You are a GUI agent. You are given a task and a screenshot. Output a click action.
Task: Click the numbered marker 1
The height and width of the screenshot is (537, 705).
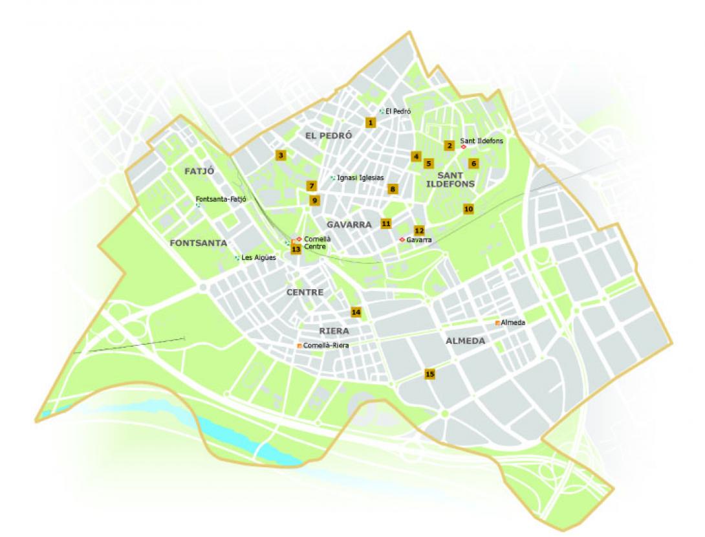370,122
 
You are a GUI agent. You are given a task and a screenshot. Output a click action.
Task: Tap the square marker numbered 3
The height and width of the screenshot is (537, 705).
280,155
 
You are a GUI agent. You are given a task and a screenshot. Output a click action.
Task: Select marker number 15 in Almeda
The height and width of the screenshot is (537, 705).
429,373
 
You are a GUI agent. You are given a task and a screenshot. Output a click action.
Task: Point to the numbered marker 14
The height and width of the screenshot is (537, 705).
356,312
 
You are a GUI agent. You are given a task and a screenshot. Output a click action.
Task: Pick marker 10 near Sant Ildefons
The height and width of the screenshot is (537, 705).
468,209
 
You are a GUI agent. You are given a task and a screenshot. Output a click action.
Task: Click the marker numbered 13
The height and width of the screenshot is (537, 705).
296,249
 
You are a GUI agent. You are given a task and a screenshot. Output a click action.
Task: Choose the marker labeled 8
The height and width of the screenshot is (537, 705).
392,189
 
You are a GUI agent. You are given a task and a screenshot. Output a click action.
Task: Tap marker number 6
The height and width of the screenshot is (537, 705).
473,163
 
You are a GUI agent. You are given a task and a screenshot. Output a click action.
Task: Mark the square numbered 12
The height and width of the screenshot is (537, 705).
419,230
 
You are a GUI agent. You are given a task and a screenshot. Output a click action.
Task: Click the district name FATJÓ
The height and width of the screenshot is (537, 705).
199,171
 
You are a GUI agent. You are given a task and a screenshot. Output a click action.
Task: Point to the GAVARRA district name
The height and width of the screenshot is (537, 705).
349,225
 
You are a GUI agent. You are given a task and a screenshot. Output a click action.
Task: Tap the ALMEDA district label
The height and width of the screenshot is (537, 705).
465,340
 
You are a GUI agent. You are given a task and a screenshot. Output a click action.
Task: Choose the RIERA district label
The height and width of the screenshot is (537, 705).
334,330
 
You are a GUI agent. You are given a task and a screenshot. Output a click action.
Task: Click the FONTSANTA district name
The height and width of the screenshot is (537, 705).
198,243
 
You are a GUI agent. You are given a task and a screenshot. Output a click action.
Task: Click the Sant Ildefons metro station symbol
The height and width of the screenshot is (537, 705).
463,147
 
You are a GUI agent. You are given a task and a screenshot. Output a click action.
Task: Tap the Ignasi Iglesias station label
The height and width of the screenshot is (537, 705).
360,177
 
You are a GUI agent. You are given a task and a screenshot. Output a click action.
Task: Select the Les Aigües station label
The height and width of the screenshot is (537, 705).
259,258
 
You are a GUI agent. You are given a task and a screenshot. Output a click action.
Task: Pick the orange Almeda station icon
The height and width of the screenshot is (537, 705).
497,322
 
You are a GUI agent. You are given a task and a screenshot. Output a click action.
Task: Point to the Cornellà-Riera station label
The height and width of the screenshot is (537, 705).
326,345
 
